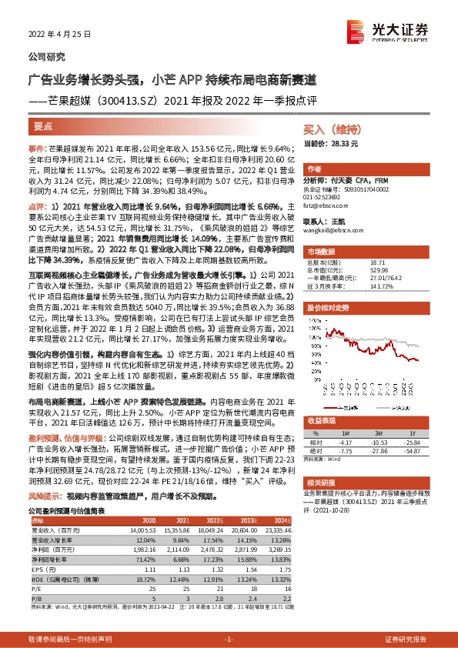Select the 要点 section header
[44, 126]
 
